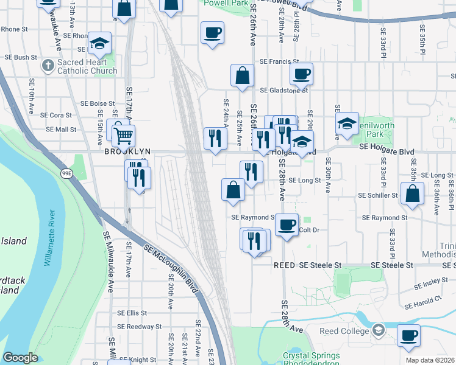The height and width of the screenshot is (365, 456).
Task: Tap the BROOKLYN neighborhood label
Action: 127,151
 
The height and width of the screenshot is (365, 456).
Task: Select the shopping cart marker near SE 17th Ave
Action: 123,135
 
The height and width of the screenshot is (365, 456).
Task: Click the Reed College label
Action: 344,331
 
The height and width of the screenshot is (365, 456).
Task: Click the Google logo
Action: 20,358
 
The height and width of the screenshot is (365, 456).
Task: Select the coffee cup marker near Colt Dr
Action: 286,224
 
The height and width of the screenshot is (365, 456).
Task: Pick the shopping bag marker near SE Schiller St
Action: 412,193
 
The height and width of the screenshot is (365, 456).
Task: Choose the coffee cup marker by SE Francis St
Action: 301,74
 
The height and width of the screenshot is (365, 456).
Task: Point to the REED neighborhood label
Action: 284,265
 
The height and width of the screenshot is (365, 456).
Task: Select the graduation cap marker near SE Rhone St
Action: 99,43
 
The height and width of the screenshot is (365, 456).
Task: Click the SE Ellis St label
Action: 132,313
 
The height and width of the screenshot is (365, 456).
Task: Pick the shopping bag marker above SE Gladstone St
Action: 242,75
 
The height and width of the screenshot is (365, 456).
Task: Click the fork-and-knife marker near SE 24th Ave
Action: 214,138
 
